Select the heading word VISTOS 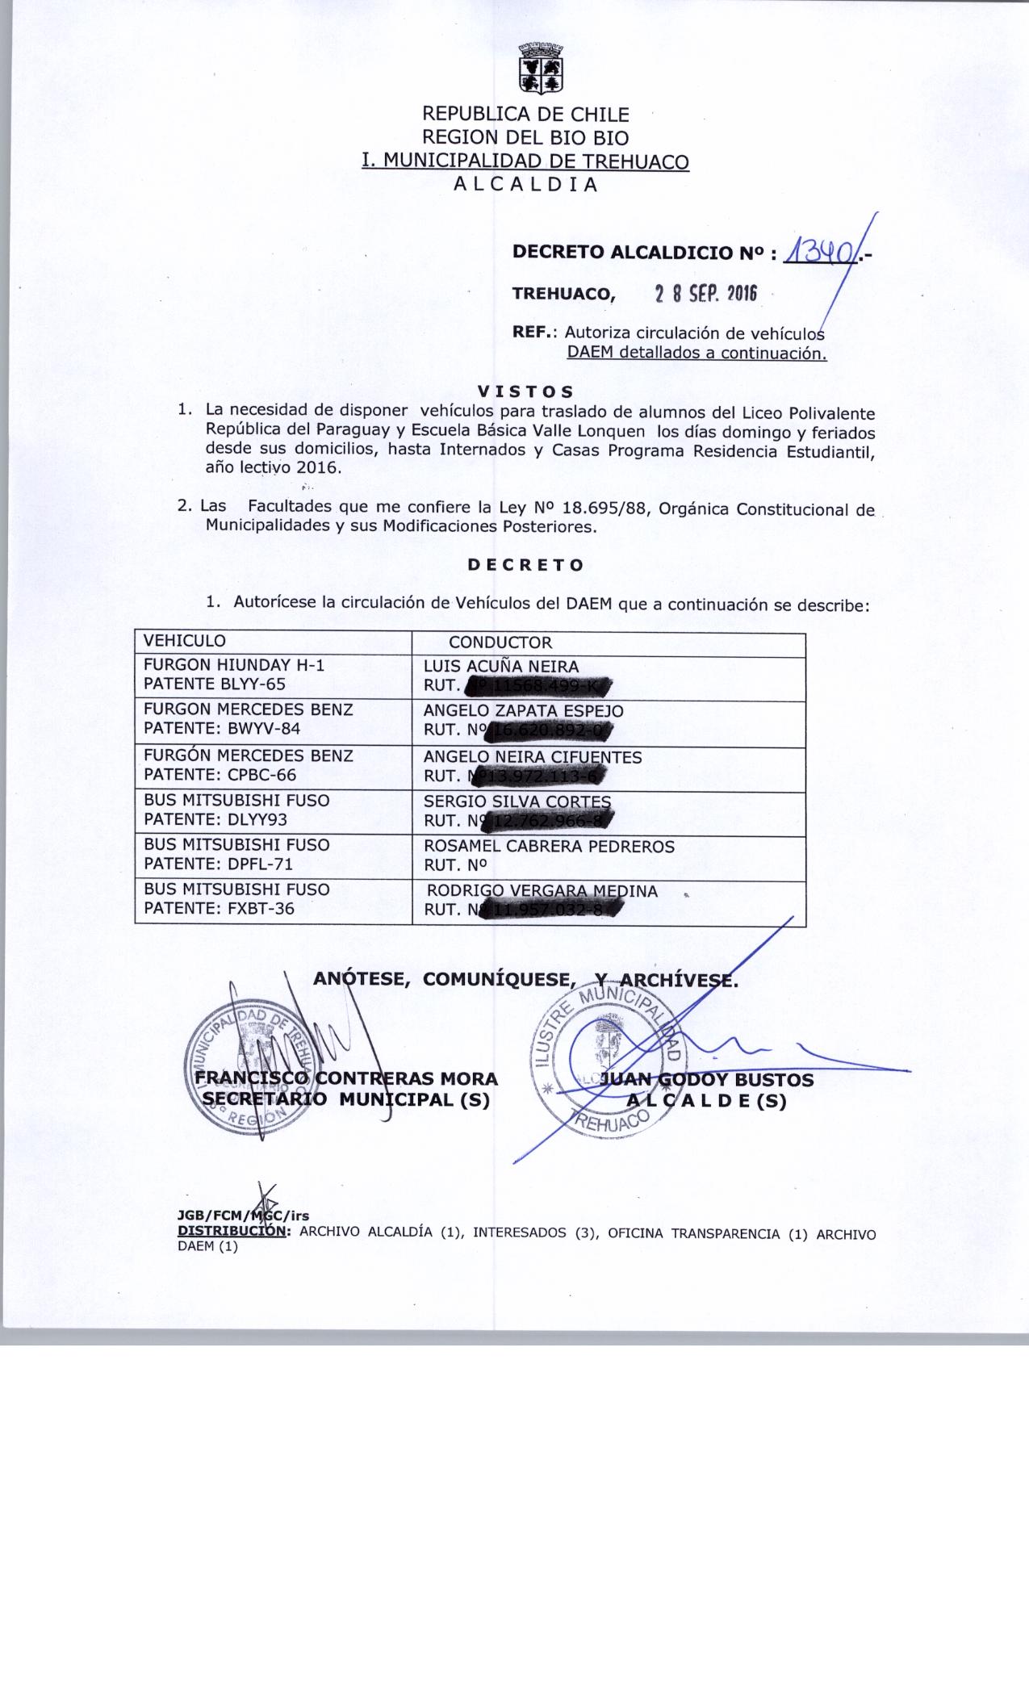tap(525, 392)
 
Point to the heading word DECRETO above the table tap(525, 565)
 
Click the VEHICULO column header tap(184, 641)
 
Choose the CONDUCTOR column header tap(500, 642)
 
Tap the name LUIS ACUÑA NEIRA tap(501, 666)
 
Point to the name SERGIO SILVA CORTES tap(517, 802)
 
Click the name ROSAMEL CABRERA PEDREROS tap(549, 847)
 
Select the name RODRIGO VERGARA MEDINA tap(542, 891)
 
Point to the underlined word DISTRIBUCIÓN tap(231, 1233)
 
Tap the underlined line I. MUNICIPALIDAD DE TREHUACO tap(525, 161)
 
